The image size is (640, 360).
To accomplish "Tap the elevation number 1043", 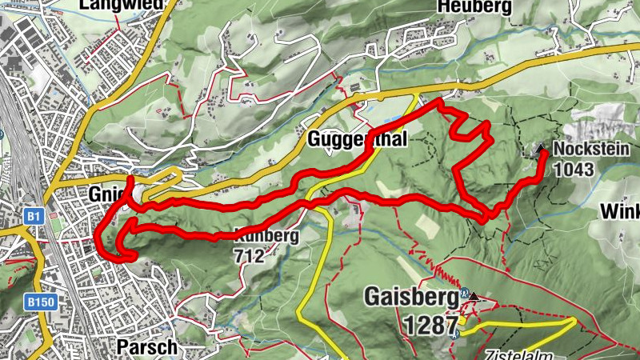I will (x=574, y=169).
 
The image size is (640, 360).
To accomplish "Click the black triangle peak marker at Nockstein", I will (x=540, y=148).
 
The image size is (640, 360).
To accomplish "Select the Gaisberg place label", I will (x=410, y=296).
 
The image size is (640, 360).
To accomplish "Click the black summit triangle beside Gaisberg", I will (x=474, y=297).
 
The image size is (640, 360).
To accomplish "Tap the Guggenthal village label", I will (x=358, y=139).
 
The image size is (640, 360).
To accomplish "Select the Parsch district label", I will (x=145, y=347).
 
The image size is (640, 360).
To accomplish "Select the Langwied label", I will (x=122, y=5).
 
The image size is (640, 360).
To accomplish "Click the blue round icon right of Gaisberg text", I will (x=463, y=293).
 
